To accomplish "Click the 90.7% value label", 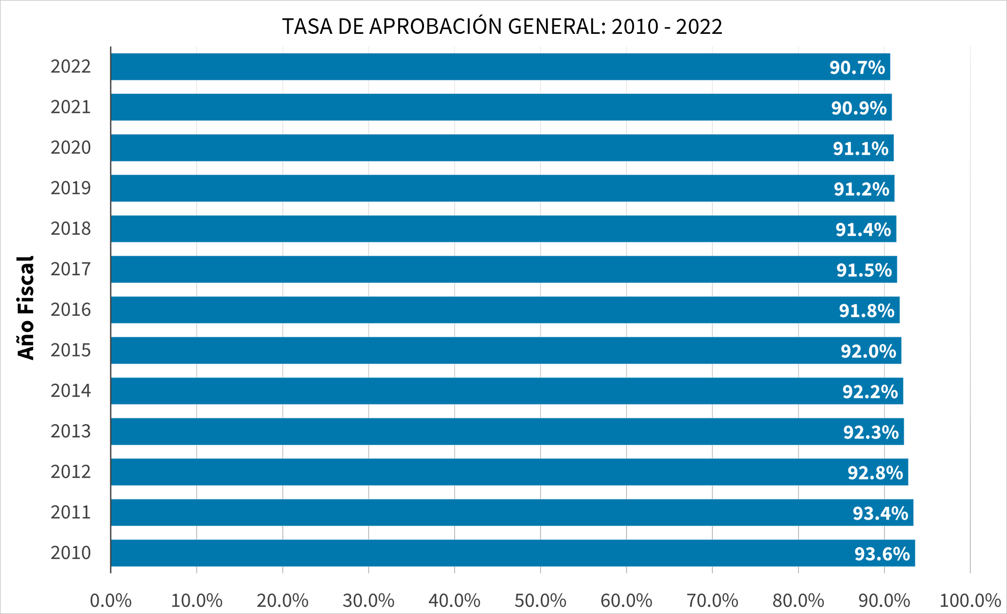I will [x=857, y=67].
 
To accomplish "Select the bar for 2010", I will [x=512, y=553].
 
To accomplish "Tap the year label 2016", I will [x=71, y=310].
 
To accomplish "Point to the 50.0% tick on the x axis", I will [x=540, y=601].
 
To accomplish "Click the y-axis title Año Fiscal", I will [x=26, y=308].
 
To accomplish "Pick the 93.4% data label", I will [x=880, y=513].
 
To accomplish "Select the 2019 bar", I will [x=502, y=189].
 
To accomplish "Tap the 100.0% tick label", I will [x=970, y=601].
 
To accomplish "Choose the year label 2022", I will [x=71, y=67].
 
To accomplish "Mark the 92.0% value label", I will [x=868, y=351].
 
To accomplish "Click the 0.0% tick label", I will [x=110, y=601].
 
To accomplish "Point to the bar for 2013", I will [x=507, y=432].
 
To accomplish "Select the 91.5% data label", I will [x=864, y=270].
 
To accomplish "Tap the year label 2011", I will [x=71, y=512].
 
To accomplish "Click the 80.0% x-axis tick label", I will [x=798, y=601].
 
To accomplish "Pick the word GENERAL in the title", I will [x=557, y=27].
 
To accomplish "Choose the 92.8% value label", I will [x=875, y=472].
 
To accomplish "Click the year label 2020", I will [x=71, y=148].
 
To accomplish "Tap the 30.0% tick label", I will [x=368, y=601].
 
